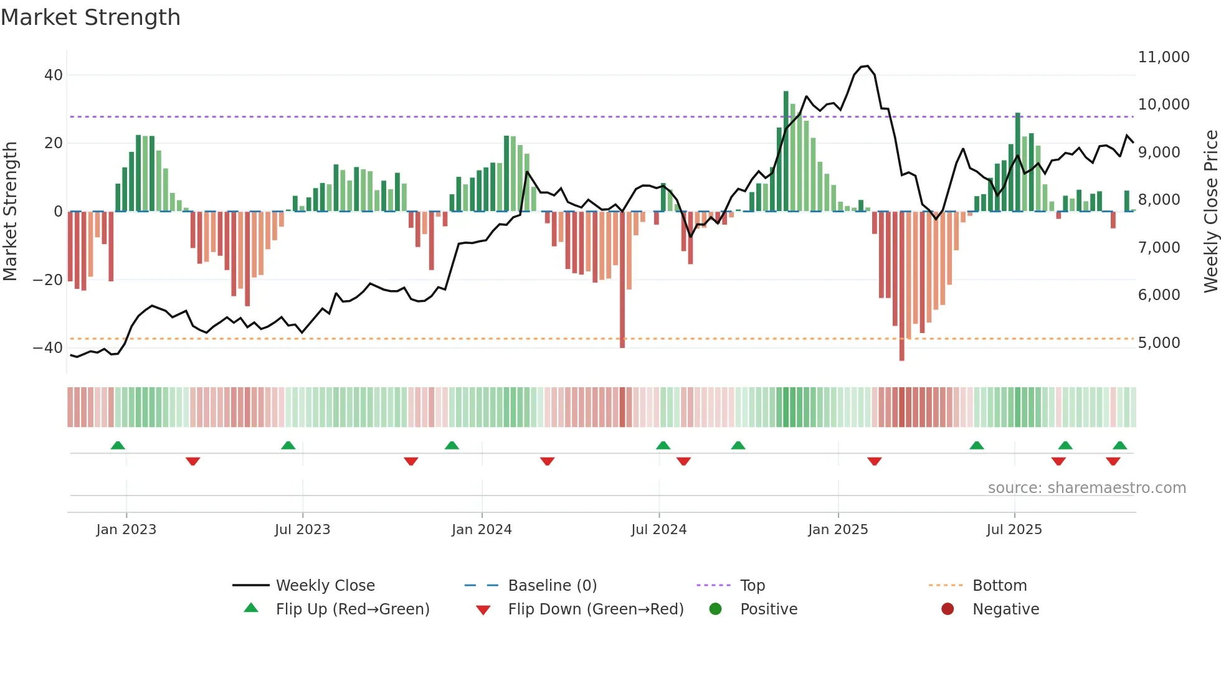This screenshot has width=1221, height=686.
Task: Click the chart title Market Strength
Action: coord(90,17)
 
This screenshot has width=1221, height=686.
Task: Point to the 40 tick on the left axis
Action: coord(54,75)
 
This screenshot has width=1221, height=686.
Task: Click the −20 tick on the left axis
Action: coord(48,280)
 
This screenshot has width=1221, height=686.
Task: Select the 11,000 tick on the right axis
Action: coord(1163,57)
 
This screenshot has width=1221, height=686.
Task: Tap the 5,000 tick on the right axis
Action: coord(1159,342)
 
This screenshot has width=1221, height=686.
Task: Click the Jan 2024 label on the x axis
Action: coord(482,529)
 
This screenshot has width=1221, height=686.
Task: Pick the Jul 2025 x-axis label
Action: coord(1014,529)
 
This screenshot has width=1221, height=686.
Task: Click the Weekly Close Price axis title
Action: coord(1210,212)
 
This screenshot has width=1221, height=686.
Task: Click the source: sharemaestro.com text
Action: coord(1086,487)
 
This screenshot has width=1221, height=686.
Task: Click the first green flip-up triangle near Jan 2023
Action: coord(118,445)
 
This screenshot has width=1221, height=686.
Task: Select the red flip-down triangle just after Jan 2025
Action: coord(874,461)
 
